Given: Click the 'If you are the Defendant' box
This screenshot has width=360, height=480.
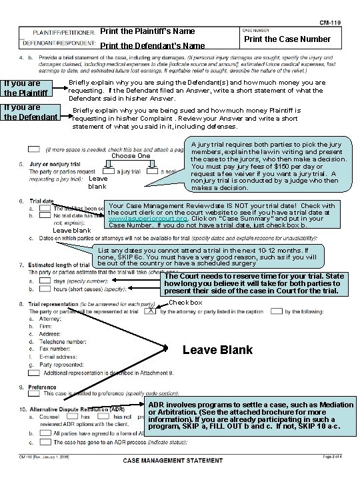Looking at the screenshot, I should pos(30,112).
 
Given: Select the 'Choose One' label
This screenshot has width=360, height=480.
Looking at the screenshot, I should pos(130,155).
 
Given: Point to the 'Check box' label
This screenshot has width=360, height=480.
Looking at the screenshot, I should pos(185,303).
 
